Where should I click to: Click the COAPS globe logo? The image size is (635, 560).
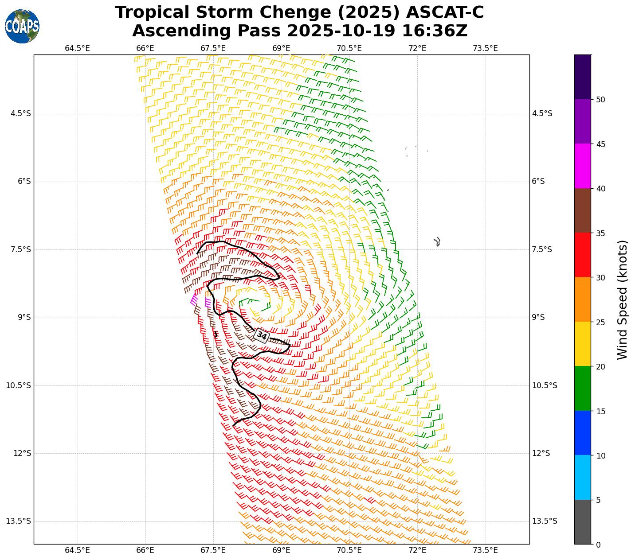[x=22, y=26]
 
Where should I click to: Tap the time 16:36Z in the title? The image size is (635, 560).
[x=435, y=31]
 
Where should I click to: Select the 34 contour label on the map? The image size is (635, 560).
[x=262, y=336]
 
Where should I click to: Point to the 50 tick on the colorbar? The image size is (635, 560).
[x=601, y=100]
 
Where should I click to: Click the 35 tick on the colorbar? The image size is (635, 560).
[x=601, y=233]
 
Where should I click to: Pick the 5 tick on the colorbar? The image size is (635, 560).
[x=598, y=500]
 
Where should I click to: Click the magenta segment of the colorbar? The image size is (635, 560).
[x=582, y=166]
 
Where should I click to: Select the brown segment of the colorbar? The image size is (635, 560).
[x=582, y=210]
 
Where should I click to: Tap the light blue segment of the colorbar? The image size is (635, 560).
[x=582, y=478]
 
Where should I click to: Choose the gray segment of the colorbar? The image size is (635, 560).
[x=582, y=522]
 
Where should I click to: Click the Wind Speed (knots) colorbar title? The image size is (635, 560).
[x=623, y=299]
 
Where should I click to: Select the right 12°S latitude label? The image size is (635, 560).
[x=541, y=453]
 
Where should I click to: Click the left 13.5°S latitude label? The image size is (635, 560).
[x=18, y=521]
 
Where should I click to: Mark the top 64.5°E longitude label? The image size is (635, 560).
[x=77, y=48]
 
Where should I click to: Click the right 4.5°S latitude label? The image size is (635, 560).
[x=542, y=114]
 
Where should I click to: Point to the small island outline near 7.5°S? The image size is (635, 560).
[x=437, y=241]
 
